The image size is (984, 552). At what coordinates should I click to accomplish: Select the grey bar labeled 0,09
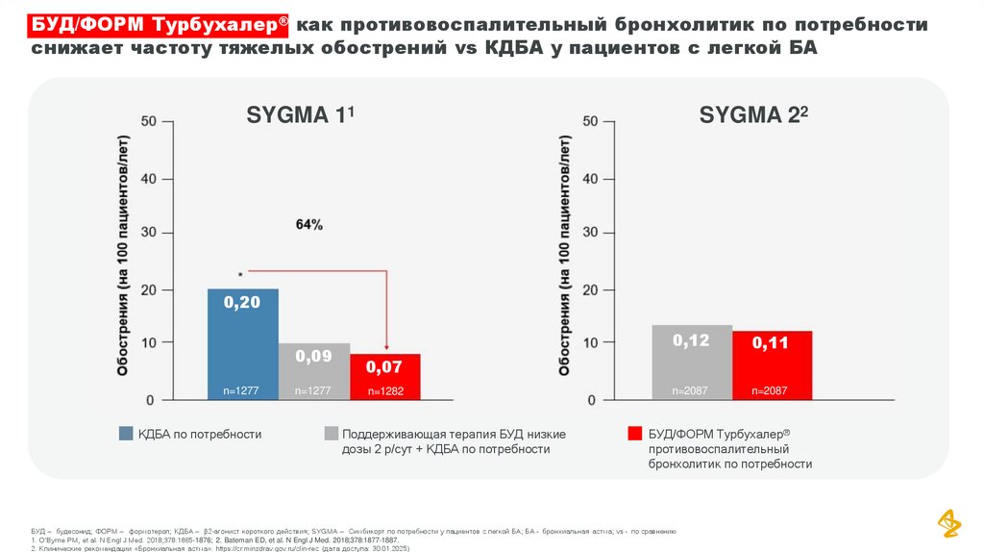coord(314,370)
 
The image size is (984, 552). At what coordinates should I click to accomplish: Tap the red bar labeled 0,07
coord(384,376)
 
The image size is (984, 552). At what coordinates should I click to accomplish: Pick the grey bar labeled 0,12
coord(692,362)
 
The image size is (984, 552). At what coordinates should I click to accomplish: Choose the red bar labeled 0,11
coord(772,364)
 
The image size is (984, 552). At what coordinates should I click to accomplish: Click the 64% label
coord(308,224)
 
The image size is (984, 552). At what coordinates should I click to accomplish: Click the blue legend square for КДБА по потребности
coord(126,434)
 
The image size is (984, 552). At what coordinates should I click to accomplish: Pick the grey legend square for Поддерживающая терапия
coord(332,434)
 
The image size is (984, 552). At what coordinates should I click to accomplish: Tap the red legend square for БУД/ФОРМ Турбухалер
coord(634,434)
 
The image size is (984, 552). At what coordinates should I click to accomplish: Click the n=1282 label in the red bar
coord(384,391)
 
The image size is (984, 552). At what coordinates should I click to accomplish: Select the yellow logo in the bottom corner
coord(949,523)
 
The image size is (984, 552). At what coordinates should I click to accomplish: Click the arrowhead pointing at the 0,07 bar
coord(385,349)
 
